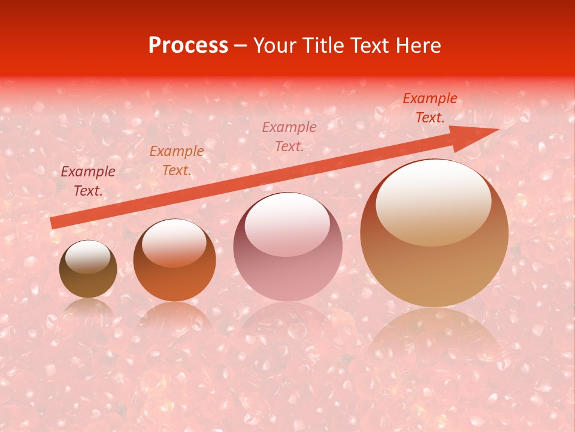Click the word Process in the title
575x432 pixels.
coord(188,46)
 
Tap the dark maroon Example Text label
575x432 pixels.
coord(88,181)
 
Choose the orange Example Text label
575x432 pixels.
coord(176,161)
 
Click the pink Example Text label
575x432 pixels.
coord(289,136)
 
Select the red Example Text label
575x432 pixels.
coord(429,108)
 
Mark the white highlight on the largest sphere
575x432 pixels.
coord(433,201)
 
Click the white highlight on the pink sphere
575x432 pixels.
coord(287,223)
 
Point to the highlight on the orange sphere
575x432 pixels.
coord(174,242)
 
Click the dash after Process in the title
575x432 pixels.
coord(240,46)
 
